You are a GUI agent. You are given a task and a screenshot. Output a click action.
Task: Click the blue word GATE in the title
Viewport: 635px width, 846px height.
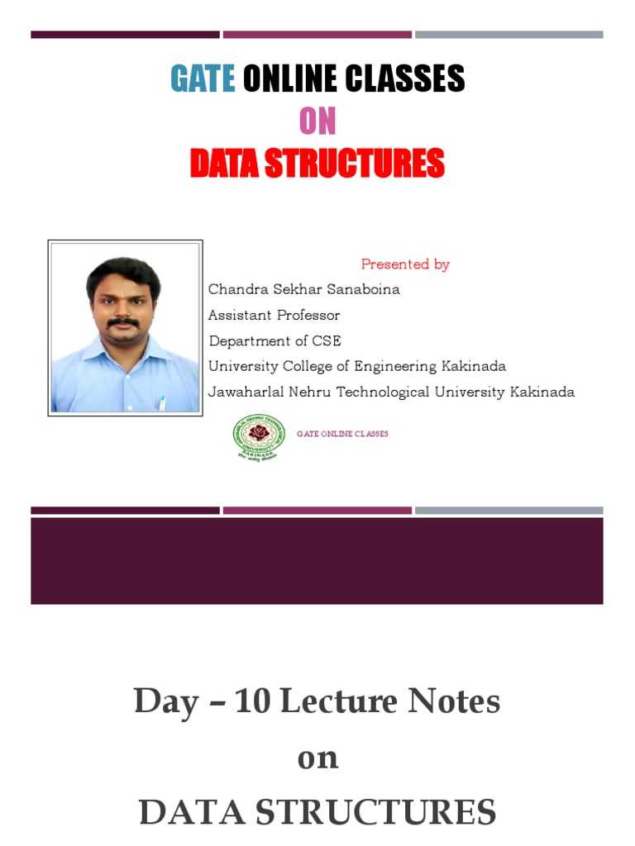203,79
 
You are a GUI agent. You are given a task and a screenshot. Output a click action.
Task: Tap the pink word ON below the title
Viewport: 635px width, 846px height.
317,121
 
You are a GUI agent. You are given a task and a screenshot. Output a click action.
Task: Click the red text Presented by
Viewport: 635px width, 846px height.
405,264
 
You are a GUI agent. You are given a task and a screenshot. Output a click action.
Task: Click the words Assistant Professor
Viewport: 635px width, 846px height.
274,316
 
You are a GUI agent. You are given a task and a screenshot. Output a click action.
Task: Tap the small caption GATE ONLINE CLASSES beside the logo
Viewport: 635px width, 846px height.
342,434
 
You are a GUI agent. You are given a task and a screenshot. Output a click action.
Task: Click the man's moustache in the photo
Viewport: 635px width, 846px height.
122,324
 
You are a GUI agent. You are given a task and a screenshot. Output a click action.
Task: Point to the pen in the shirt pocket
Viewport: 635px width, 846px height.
163,403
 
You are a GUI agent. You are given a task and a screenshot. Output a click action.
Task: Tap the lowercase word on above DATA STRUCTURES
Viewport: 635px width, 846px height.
317,758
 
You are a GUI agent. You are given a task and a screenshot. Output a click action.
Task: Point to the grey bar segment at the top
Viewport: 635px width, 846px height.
508,35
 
